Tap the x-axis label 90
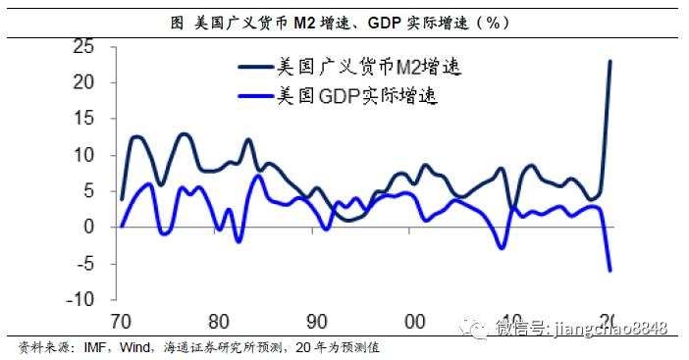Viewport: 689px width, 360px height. pyautogui.click(x=316, y=322)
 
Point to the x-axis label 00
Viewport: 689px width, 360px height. pyautogui.click(x=414, y=322)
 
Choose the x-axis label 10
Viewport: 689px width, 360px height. pyautogui.click(x=510, y=322)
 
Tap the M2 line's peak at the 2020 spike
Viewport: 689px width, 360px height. pyautogui.click(x=610, y=61)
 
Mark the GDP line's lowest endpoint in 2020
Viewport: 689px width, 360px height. pyautogui.click(x=610, y=270)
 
